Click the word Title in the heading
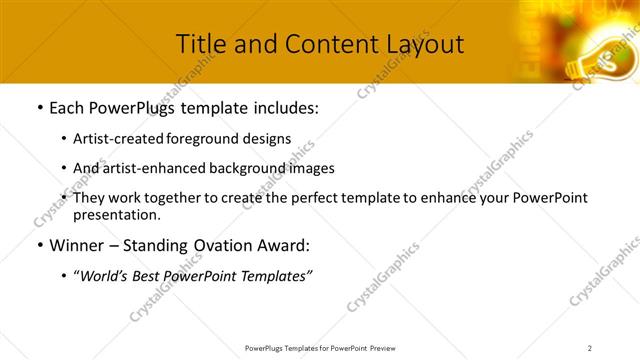[x=202, y=44]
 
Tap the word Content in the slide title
[x=324, y=44]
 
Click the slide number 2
[x=590, y=348]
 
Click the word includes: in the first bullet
[x=285, y=108]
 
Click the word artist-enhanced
[x=152, y=168]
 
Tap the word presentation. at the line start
[x=116, y=214]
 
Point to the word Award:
[x=286, y=245]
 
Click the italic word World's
[x=104, y=276]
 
